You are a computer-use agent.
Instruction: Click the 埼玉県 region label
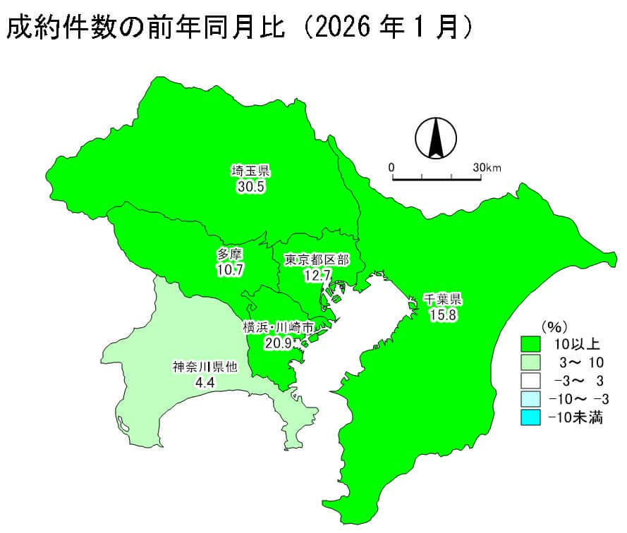coord(251,171)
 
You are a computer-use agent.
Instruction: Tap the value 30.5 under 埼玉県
coord(251,187)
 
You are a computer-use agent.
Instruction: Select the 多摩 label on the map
coord(230,254)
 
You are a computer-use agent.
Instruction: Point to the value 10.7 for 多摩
coord(230,270)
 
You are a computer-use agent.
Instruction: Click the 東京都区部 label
coord(317,259)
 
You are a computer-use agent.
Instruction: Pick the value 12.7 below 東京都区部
coord(317,276)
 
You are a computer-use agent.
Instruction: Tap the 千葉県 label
coord(443,298)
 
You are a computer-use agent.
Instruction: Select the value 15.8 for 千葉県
coord(443,314)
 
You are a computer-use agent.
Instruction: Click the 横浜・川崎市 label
coord(277,327)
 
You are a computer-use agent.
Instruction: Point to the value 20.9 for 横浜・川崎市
coord(277,343)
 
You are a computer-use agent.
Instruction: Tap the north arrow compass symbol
coord(435,137)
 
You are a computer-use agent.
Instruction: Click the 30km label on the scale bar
coord(487,168)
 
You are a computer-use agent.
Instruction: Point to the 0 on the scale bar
coord(391,168)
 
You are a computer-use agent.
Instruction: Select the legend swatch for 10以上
coord(530,344)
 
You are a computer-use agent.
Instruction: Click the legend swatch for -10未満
coord(530,417)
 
